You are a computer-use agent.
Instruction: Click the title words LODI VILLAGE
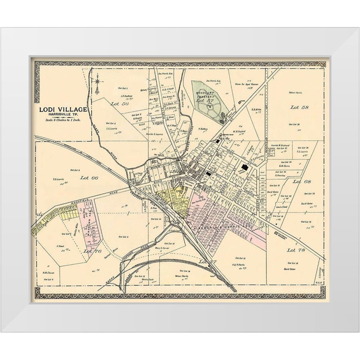coord(63,109)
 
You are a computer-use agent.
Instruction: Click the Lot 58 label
coord(301,107)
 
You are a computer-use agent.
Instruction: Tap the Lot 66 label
coord(89,177)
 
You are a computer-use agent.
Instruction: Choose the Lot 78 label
coord(296,249)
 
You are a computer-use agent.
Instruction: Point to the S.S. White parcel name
coord(256,110)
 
